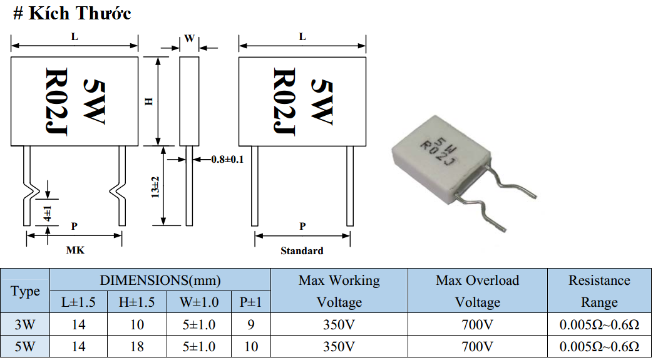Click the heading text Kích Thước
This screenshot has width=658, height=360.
coord(80,13)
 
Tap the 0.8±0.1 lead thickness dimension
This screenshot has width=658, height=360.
coord(227,160)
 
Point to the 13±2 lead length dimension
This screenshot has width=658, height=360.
coord(155,187)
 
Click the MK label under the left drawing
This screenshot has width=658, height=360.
coord(75,250)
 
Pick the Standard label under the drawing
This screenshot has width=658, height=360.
coord(302,251)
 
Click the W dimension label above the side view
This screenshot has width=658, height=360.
coord(189,39)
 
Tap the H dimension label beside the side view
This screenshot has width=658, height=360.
coord(148,101)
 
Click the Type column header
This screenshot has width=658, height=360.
coord(25,291)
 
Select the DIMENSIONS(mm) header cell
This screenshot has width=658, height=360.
coord(160,280)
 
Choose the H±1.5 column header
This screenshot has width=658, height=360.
coord(137,302)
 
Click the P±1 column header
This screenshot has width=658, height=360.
coord(250,302)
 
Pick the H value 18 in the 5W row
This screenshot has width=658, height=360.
coord(137,347)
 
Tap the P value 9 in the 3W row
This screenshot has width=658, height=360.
coord(250,324)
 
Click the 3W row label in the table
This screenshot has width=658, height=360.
coord(25,324)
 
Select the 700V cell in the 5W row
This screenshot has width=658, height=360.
coord(477,347)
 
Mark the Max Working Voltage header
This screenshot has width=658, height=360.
coord(339,291)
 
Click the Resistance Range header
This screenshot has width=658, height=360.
coord(599,291)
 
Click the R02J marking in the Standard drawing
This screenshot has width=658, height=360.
coord(284,101)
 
